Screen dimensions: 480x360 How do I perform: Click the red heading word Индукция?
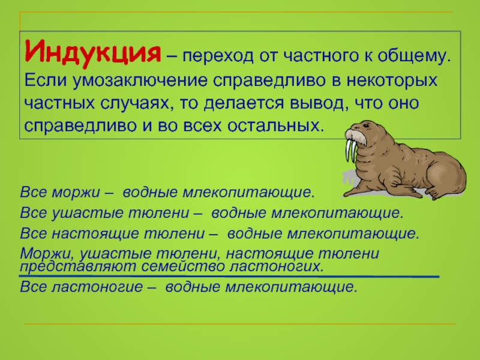click(92, 53)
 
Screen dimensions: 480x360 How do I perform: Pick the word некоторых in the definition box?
click(392, 80)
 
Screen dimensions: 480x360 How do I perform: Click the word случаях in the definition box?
click(135, 103)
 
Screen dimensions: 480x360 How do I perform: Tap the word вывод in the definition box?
click(317, 103)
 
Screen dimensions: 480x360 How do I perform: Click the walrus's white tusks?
click(351, 151)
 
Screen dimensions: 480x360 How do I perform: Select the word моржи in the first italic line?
click(76, 193)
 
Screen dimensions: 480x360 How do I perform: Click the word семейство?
click(183, 266)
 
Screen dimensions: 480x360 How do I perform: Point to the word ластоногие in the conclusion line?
click(97, 287)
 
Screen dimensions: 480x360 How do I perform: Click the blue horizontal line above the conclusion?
click(229, 277)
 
